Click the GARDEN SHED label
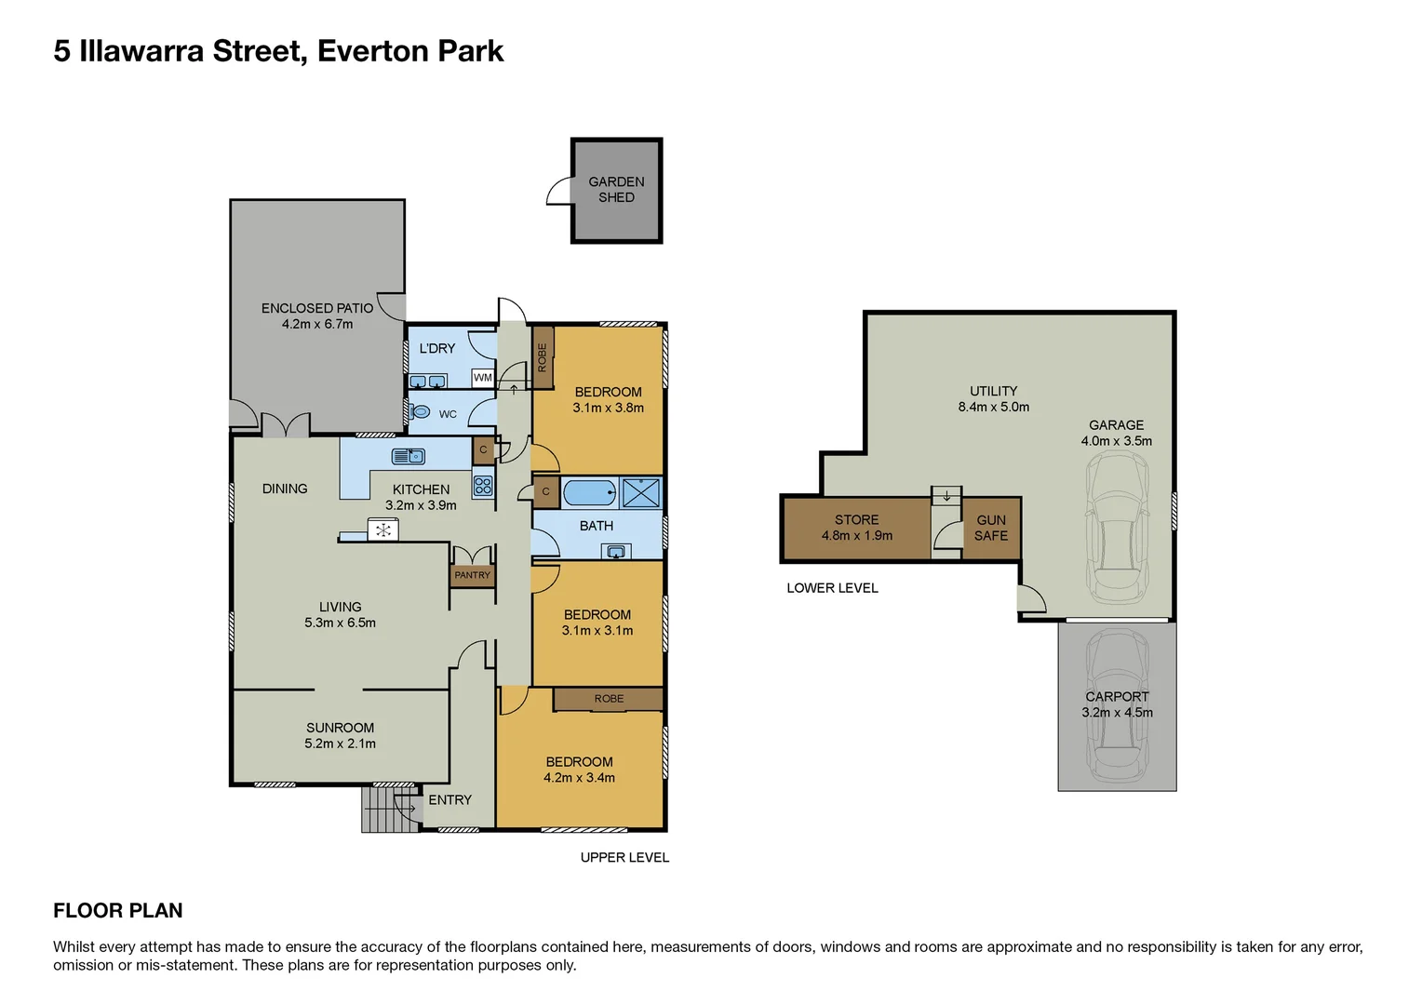pos(616,190)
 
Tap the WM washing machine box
pos(482,378)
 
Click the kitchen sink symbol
pos(409,456)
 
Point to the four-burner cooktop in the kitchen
pos(483,485)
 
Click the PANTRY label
pos(472,575)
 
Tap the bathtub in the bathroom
pos(589,491)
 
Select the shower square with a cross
pos(641,492)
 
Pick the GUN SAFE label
pos(991,528)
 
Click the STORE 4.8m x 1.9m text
pos(856,528)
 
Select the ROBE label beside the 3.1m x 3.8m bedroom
pos(543,357)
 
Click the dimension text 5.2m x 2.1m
pos(340,744)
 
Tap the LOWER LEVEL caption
pos(832,588)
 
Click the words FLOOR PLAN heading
pos(118,911)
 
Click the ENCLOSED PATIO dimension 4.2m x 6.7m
pos(317,324)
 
